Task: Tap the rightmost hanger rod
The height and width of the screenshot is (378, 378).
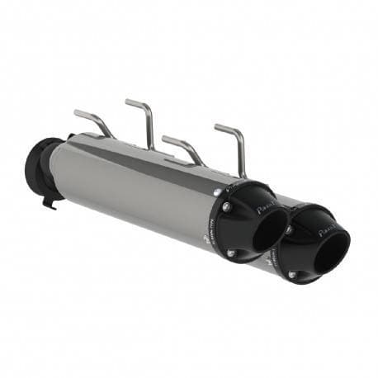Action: click(x=235, y=144)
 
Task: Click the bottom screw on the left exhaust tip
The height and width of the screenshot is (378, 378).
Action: click(x=232, y=253)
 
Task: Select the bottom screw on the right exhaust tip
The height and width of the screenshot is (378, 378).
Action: click(x=291, y=273)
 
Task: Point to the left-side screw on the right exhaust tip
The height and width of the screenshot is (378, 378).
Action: click(x=288, y=229)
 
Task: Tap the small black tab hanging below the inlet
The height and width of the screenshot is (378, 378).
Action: click(x=49, y=201)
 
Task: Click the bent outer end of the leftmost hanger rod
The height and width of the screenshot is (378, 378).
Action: click(x=78, y=113)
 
